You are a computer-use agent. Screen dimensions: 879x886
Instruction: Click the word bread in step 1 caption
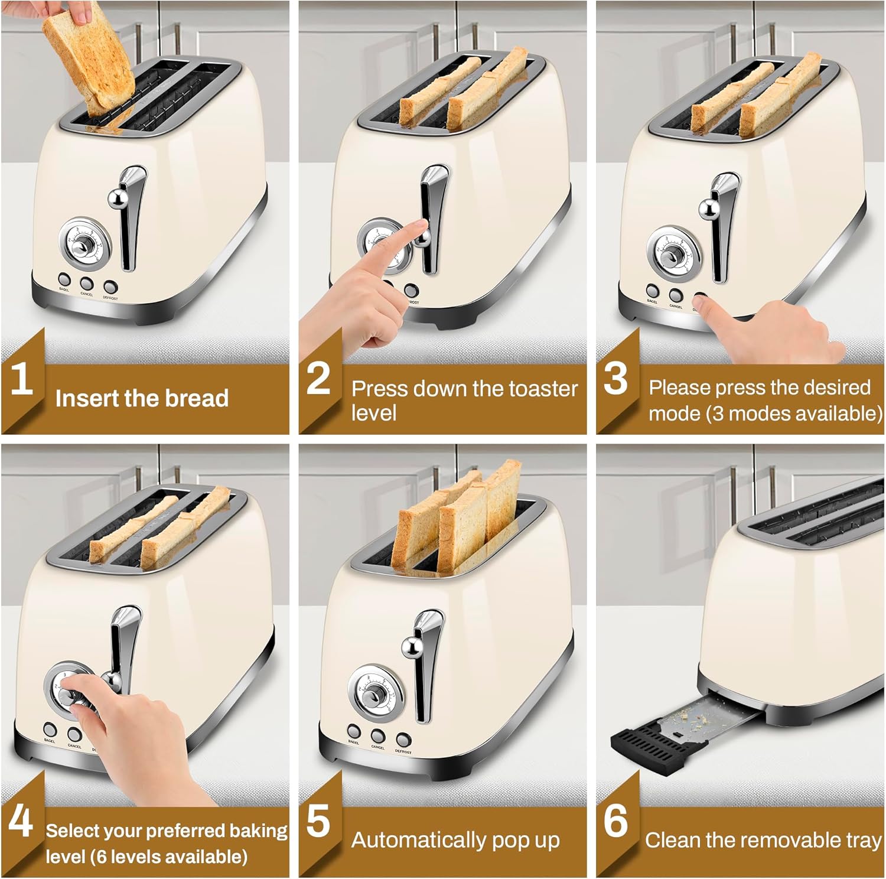pyautogui.click(x=197, y=398)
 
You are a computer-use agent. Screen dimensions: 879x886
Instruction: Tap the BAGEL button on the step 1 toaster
pyautogui.click(x=64, y=280)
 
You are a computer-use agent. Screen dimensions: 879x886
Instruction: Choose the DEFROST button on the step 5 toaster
pyautogui.click(x=403, y=739)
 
